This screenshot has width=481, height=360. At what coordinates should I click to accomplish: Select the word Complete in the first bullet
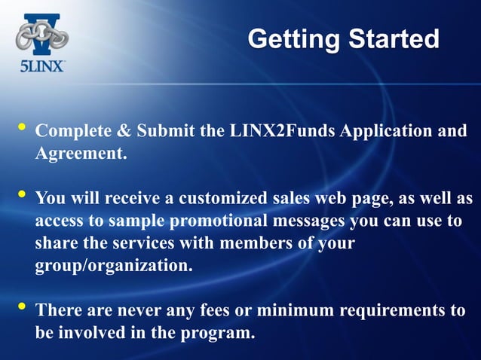tap(73, 131)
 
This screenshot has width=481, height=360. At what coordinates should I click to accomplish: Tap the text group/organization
tap(109, 267)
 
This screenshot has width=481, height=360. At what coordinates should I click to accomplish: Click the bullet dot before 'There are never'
tap(20, 307)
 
